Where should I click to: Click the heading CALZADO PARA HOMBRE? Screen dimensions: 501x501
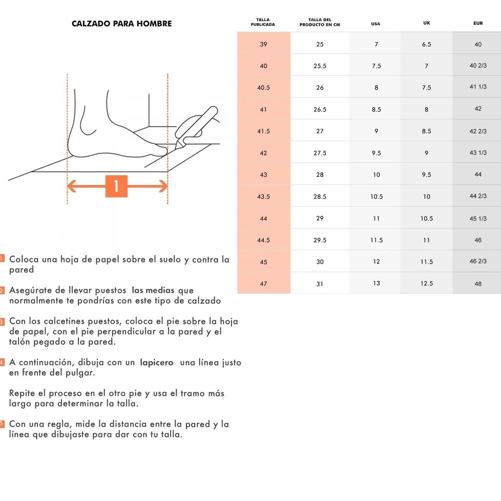click(121, 24)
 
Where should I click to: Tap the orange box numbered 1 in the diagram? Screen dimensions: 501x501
click(116, 186)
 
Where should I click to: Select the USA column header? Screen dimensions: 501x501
click(376, 24)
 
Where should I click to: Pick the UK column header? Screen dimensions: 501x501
click(426, 23)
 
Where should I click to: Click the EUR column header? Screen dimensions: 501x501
click(478, 23)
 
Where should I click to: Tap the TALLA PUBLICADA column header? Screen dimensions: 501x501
click(263, 22)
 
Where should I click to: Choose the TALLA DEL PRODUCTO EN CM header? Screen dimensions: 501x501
click(320, 22)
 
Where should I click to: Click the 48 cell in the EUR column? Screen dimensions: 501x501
click(478, 284)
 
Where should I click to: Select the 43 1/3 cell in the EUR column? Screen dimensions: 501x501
click(478, 153)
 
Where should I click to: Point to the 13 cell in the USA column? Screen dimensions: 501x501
click(377, 283)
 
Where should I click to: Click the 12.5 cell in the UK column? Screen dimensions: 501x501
click(427, 283)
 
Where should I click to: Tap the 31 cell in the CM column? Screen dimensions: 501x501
click(320, 284)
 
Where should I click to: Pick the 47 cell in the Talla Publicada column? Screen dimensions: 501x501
click(263, 284)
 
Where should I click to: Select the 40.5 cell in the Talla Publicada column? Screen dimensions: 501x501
click(263, 88)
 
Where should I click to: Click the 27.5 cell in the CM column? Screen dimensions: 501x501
click(320, 153)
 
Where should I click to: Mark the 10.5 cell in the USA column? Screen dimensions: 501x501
click(377, 197)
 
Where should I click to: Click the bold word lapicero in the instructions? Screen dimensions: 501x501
click(157, 363)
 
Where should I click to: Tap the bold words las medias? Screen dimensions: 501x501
click(153, 291)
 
